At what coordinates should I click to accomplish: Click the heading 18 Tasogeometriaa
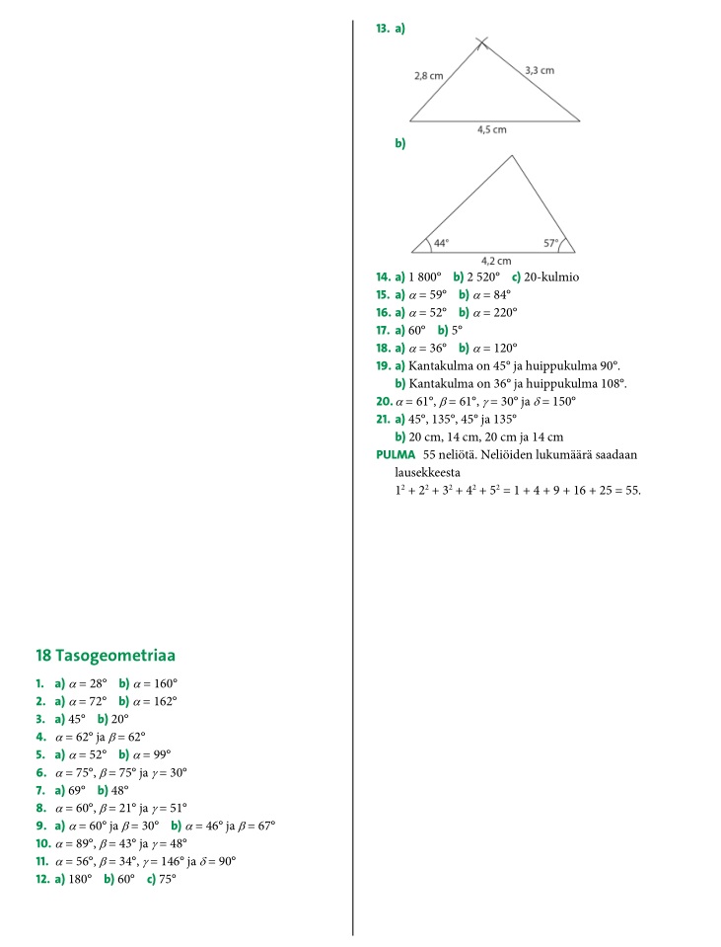106,656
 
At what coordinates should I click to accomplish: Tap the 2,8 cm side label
429,75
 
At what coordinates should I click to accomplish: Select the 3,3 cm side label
540,70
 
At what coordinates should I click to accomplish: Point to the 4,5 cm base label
492,129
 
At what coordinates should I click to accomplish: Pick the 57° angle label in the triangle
551,242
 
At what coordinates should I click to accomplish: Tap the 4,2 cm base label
495,261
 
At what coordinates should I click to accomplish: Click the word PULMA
396,455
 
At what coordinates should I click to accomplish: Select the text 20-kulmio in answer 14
552,276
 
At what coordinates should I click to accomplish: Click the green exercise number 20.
384,402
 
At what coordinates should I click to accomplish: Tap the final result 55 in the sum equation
632,491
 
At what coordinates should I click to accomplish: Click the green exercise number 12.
42,879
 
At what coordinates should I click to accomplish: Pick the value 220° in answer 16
503,312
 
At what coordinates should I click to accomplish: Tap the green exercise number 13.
383,30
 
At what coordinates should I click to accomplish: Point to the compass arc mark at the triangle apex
481,42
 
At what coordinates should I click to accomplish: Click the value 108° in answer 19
613,384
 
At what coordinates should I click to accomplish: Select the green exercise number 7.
40,790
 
